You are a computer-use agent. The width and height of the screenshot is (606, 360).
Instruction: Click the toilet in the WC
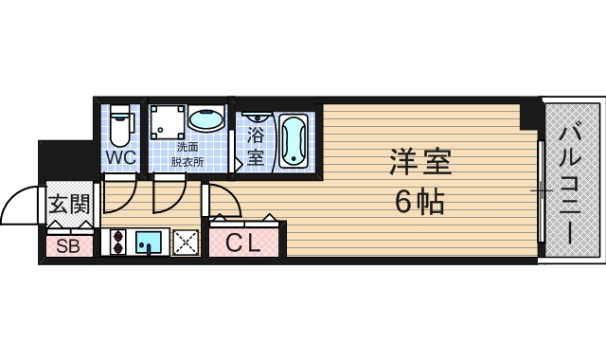[120, 125]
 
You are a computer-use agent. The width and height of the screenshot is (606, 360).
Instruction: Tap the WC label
[120, 156]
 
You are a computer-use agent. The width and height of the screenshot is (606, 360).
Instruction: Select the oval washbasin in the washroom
[205, 120]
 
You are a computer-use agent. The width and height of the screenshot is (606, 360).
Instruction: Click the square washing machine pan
[167, 122]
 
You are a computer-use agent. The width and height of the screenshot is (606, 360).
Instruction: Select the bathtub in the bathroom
[294, 140]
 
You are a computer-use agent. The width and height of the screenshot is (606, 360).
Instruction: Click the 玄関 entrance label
[68, 203]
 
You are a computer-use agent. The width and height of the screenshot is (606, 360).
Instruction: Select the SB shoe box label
[67, 246]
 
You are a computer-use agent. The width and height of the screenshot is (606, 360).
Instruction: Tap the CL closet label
[243, 243]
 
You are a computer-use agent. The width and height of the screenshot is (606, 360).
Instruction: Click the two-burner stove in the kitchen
[117, 243]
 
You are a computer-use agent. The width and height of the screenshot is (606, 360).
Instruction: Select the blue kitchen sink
[150, 243]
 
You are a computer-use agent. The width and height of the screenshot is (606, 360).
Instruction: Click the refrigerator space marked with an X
[185, 243]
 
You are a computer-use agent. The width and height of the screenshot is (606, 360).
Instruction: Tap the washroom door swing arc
[170, 197]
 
